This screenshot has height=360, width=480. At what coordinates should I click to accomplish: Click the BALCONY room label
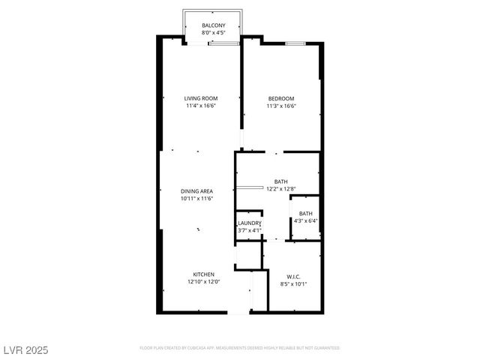(212, 26)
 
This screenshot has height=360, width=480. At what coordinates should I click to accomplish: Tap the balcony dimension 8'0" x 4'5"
(212, 34)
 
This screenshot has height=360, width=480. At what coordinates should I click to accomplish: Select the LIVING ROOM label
(201, 98)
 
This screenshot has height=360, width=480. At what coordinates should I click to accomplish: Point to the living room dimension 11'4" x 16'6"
(201, 106)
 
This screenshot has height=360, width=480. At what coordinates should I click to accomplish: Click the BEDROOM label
(281, 98)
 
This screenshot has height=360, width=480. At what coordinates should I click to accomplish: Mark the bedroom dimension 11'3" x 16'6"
(281, 106)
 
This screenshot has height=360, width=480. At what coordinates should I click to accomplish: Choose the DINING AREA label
(196, 191)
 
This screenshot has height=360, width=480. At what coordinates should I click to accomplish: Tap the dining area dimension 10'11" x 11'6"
(196, 199)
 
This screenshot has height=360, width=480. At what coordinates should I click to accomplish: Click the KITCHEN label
(204, 274)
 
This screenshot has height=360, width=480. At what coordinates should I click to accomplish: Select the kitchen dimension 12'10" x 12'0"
(204, 282)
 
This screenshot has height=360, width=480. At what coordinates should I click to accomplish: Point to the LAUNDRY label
(249, 223)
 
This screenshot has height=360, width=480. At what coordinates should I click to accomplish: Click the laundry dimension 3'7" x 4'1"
(249, 230)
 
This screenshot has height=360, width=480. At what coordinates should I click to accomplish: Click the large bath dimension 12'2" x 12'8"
(280, 188)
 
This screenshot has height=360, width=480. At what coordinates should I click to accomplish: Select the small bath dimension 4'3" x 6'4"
(306, 220)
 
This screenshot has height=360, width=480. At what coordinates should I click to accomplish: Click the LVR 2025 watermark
(26, 350)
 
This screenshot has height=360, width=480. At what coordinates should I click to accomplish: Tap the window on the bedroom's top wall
(295, 43)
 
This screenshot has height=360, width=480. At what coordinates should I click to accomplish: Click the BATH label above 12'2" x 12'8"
(280, 181)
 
